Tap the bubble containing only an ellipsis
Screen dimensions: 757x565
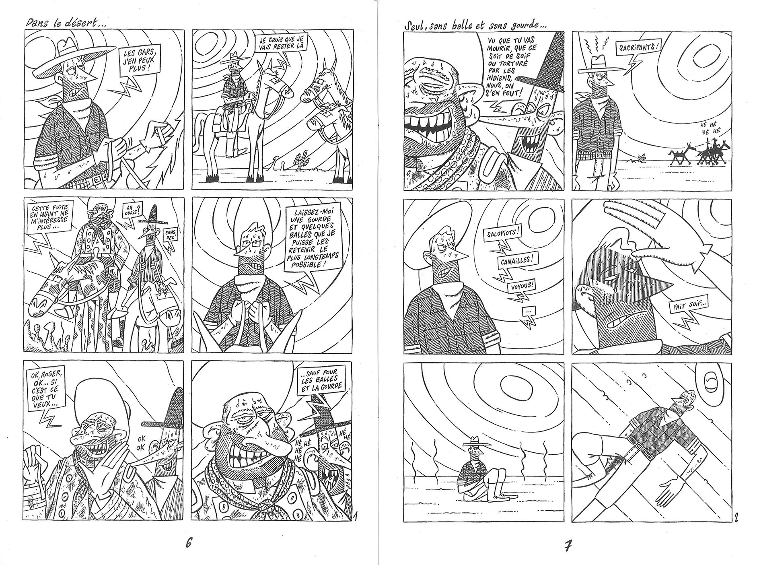pyautogui.click(x=528, y=322)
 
